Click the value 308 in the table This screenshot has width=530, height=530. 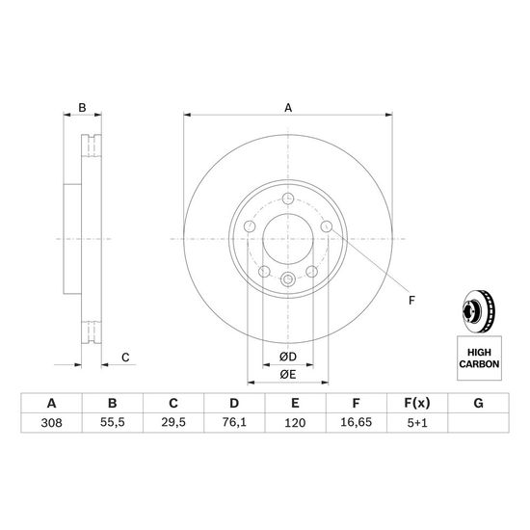tap(51, 422)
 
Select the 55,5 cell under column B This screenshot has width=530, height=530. tap(113, 422)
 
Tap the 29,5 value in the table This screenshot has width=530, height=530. tap(173, 422)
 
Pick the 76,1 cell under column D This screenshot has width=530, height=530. tap(234, 422)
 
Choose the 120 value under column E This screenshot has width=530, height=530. tap(295, 422)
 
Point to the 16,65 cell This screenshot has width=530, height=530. tap(356, 422)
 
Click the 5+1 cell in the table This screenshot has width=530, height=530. tap(417, 422)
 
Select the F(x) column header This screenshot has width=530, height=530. tap(417, 403)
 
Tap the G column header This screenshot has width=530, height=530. tap(478, 403)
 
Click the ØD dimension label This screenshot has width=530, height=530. tap(288, 357)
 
